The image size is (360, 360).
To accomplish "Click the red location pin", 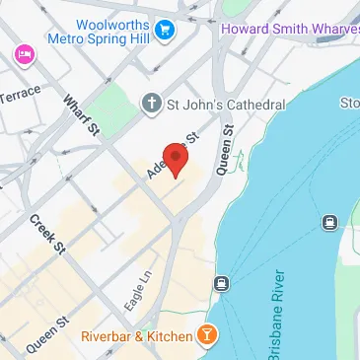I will tap(175, 158).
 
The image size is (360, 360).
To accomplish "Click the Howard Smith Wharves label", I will tap(289, 28).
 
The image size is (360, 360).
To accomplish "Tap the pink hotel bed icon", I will tap(22, 53).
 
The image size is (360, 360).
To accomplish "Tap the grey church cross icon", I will tap(150, 104).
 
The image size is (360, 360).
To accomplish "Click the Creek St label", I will tap(46, 235).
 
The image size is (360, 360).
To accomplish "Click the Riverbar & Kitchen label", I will tap(135, 337).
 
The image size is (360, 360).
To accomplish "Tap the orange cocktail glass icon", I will tap(207, 337).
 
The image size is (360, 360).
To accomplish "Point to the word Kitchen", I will tap(169, 337).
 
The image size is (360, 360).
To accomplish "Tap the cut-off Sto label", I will tap(350, 103).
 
